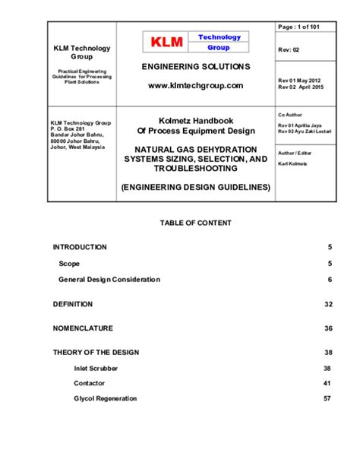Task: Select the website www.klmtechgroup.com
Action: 195,86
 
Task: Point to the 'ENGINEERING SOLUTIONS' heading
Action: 195,68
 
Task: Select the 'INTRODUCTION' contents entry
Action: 80,247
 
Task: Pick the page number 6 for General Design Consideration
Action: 330,280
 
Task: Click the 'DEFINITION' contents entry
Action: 73,304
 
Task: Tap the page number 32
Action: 328,304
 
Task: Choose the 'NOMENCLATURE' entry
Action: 83,328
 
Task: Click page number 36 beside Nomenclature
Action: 328,328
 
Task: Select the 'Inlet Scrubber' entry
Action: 96,368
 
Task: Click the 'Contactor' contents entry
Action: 90,383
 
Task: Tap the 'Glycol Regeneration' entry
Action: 106,398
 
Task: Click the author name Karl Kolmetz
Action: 292,163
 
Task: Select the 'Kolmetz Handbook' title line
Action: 195,120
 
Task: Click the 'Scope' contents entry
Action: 69,264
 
